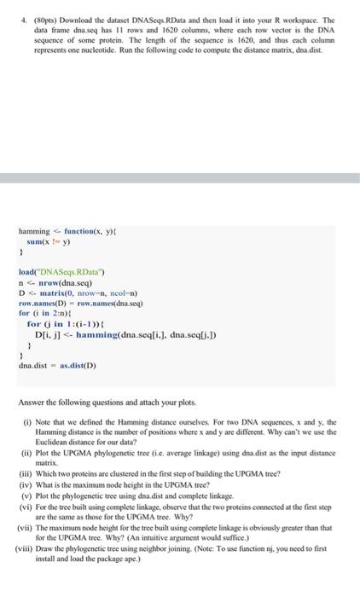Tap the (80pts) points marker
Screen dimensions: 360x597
[44, 19]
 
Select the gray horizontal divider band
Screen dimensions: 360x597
[180, 178]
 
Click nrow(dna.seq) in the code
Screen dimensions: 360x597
[64, 282]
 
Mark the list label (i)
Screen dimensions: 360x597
[27, 421]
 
